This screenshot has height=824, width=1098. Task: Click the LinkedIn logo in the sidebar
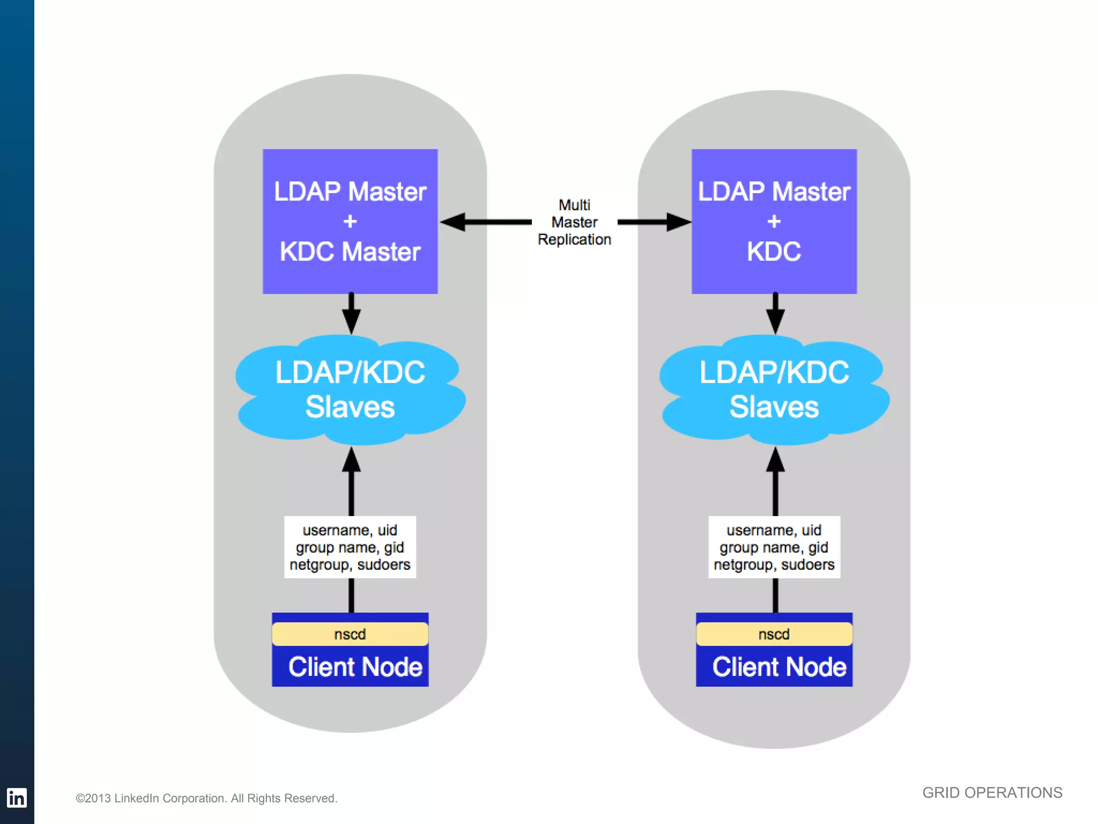(17, 798)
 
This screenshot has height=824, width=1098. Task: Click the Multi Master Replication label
(574, 222)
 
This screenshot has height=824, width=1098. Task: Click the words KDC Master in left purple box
(350, 252)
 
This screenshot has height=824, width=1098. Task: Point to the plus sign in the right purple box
(774, 221)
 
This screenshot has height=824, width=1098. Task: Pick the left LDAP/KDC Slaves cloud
(350, 390)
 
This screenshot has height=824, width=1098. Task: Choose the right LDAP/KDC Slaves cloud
(774, 390)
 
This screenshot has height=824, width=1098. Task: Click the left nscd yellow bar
(350, 634)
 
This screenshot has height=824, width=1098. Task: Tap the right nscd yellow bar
(774, 634)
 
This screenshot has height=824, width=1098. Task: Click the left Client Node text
(355, 667)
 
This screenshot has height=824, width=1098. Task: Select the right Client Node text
(779, 667)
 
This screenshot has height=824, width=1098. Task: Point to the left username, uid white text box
(350, 547)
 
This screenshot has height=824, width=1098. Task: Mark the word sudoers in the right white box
(807, 564)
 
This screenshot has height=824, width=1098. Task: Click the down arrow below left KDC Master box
(351, 319)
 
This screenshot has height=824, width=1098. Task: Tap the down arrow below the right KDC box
(775, 319)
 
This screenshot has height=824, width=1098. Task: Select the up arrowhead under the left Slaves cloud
(351, 460)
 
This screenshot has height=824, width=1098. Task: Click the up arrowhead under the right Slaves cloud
(775, 460)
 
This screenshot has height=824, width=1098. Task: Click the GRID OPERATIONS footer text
(992, 792)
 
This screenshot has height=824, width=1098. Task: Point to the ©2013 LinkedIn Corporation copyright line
(206, 798)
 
